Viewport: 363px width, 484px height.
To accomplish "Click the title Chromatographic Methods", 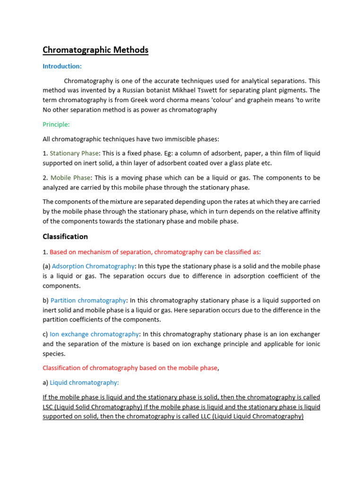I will (95, 50).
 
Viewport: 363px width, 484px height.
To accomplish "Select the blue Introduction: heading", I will (62, 66).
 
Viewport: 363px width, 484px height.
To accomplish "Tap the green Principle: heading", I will (56, 124).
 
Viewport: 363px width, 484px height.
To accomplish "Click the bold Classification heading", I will (65, 236).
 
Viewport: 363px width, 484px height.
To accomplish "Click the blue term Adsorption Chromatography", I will (93, 266).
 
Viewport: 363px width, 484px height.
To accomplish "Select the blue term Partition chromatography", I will (88, 300).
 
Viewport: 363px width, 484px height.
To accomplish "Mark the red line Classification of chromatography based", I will (130, 368).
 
